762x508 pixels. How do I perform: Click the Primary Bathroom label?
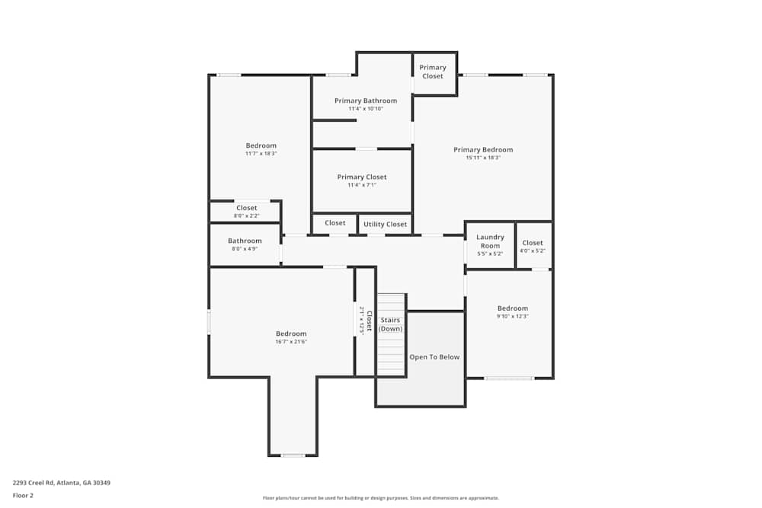pos(366,101)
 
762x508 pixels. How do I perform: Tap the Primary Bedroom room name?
pos(483,150)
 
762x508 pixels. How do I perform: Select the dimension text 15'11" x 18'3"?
pos(483,158)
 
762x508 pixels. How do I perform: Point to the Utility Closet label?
pos(385,225)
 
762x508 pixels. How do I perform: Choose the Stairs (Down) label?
pos(391,324)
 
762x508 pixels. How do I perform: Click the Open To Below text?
pos(434,357)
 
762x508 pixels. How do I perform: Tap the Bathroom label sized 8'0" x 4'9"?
pos(245,241)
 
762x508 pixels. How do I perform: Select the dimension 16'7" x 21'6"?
pos(291,342)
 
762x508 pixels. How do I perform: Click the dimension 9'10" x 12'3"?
pos(513,316)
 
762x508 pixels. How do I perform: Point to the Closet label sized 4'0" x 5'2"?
pos(533,243)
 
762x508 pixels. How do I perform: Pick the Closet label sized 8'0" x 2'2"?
pos(246,208)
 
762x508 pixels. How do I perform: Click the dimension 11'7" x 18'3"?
pos(261,154)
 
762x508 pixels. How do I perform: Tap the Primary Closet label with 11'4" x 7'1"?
pos(362,177)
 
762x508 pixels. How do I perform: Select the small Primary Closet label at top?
pos(433,72)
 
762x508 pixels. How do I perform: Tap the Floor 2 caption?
pos(23,495)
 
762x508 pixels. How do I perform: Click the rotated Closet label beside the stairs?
pos(369,321)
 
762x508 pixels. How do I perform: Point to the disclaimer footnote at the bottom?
pos(380,498)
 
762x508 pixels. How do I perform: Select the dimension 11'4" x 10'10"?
pos(366,109)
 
